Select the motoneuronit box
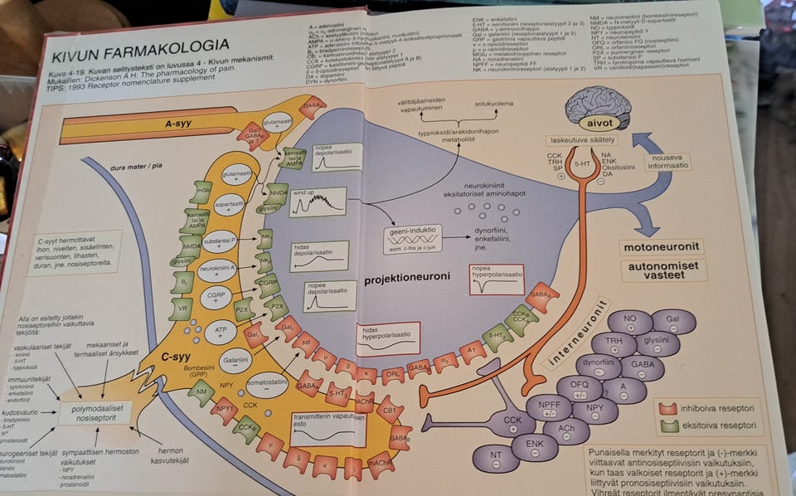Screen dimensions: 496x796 (662, 247)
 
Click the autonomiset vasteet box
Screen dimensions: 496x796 (664, 270)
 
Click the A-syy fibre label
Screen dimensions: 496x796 (178, 124)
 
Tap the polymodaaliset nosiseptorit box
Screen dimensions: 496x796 (95, 412)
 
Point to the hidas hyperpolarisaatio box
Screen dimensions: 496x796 (387, 338)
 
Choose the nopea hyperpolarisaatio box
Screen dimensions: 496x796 (496, 280)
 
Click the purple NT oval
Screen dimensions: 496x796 (495, 458)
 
